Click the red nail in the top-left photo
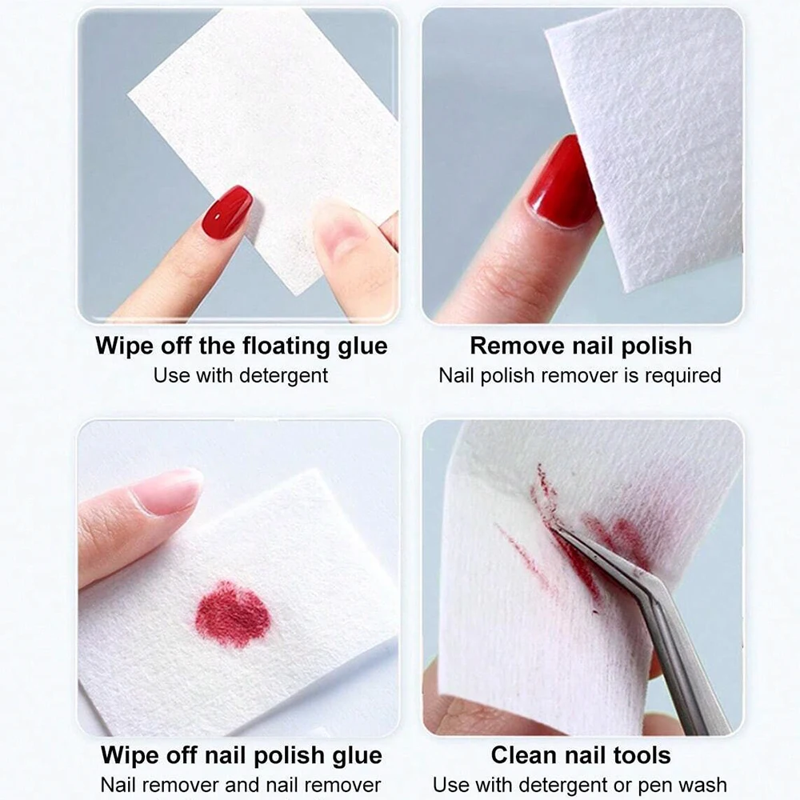click(226, 212)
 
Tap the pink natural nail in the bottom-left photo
click(166, 491)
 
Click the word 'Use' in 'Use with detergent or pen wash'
click(450, 784)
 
